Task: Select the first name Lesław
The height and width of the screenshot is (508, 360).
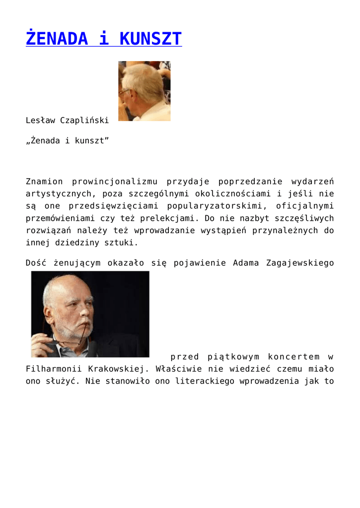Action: pos(40,120)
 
